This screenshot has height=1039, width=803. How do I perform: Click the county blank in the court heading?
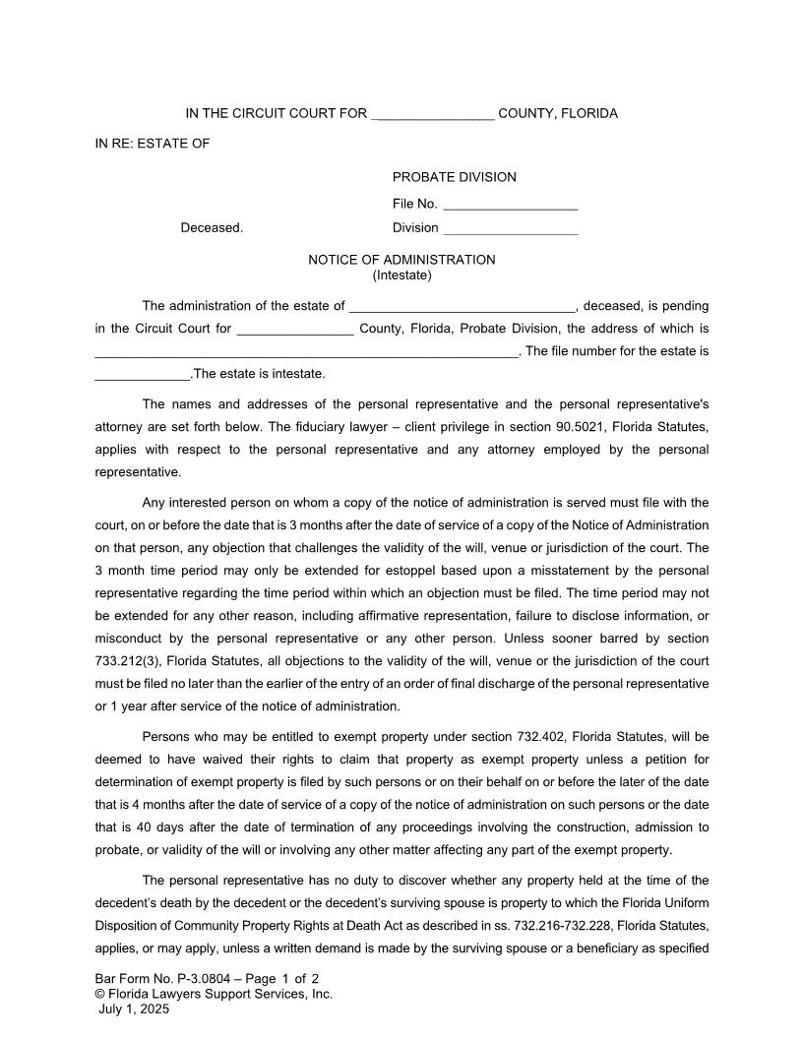click(433, 115)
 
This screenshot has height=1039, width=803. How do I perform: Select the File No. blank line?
click(510, 206)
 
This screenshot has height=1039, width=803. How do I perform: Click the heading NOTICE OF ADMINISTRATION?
click(401, 260)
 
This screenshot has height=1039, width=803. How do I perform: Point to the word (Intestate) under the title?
click(401, 275)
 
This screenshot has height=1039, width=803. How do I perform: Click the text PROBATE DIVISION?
click(454, 177)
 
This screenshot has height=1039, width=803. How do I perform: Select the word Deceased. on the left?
click(212, 227)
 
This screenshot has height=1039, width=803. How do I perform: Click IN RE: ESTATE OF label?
click(153, 144)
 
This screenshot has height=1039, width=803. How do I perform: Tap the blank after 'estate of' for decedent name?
click(462, 307)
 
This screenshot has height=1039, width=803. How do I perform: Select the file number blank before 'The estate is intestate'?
click(142, 376)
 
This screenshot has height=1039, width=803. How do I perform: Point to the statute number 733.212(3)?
click(133, 661)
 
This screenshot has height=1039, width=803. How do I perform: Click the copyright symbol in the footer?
click(100, 994)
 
